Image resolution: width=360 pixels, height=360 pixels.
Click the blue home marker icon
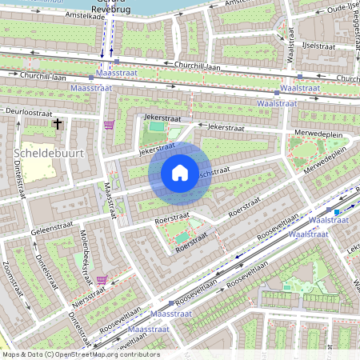180,173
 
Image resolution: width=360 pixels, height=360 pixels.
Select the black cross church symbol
57,124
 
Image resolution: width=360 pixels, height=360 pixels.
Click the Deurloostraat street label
32,111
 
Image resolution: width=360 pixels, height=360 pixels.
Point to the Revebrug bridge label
110,9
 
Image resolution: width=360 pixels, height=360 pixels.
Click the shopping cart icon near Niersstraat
102,280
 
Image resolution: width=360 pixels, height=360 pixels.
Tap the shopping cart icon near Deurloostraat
109,125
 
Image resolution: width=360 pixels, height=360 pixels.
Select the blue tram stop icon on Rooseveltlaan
337,212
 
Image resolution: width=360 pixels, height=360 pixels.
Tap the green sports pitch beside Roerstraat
185,237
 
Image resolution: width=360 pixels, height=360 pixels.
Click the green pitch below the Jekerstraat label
156,126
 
